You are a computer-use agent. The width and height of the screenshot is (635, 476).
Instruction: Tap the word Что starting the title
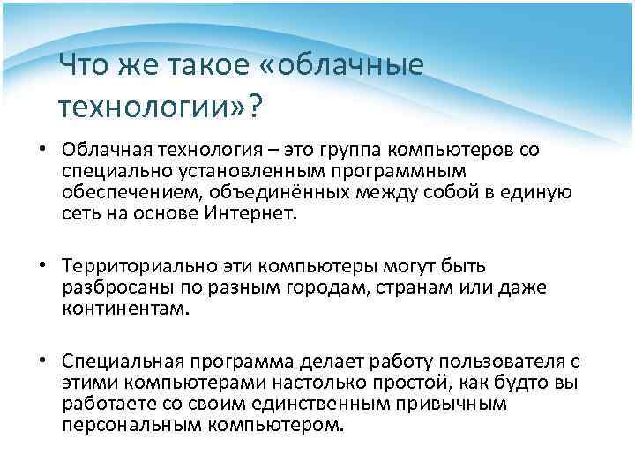click(x=82, y=65)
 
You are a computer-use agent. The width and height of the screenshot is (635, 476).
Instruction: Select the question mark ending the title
click(x=254, y=106)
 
